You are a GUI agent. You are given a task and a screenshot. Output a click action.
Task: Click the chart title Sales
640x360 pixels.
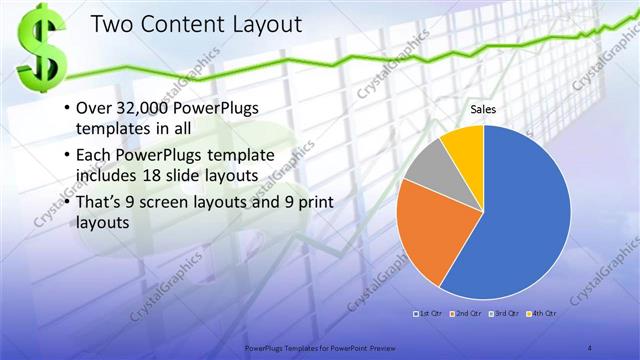pos(484,109)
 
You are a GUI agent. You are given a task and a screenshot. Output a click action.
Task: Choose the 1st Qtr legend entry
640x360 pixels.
pos(431,314)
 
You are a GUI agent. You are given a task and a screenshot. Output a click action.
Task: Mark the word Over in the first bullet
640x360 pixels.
pos(93,105)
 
